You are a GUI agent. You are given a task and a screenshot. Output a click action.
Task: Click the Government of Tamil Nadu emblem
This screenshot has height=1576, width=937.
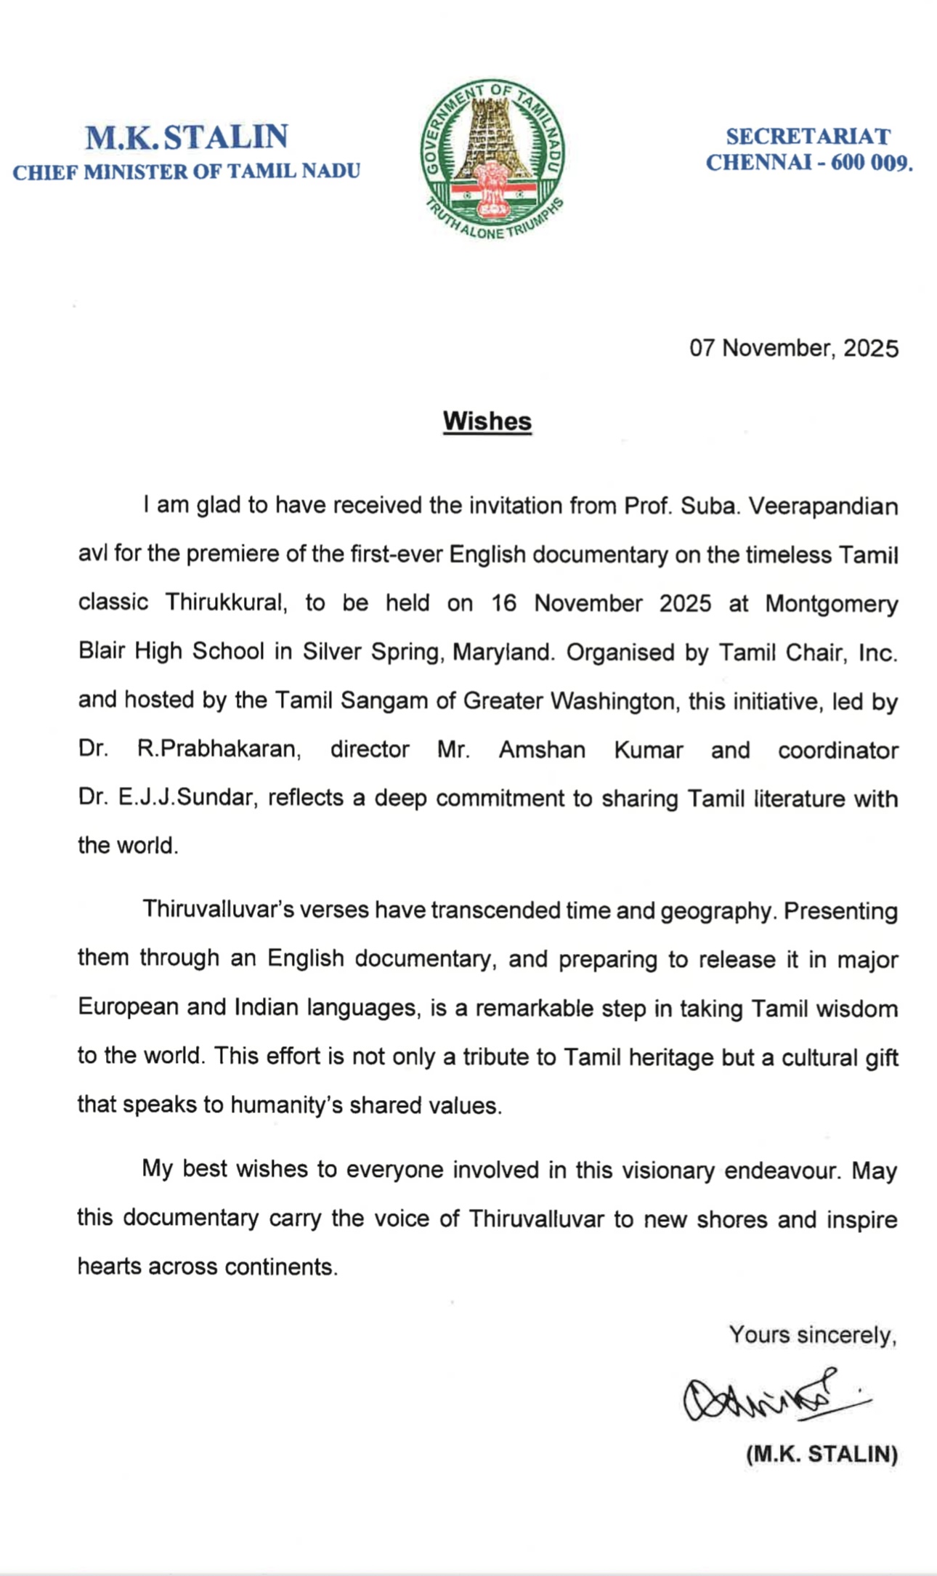coord(492,159)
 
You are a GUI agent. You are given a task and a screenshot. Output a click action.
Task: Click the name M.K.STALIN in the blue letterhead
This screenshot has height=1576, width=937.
coord(187,137)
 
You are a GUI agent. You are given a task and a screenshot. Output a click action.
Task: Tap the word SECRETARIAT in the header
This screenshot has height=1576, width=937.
coord(808,137)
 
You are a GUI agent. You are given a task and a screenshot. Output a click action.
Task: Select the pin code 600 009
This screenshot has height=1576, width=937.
coord(871,163)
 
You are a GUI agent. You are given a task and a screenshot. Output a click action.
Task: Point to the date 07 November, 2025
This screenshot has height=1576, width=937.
coord(793,349)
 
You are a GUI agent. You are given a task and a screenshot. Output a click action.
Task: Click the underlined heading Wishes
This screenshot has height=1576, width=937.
coord(487,421)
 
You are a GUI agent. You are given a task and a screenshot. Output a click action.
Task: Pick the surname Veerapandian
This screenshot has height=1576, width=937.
coord(823,506)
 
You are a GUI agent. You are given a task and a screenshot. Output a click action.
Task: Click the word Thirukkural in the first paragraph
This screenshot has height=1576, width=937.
coord(225,603)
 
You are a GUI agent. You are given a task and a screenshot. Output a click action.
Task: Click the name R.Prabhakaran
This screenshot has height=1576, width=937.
coord(219,749)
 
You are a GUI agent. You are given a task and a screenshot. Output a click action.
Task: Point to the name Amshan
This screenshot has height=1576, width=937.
coord(542,749)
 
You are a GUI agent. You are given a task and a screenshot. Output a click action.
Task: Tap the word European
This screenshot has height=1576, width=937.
coord(127,1007)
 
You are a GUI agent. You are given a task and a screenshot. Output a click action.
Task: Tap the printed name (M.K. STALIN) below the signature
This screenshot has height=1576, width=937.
coord(822,1454)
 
